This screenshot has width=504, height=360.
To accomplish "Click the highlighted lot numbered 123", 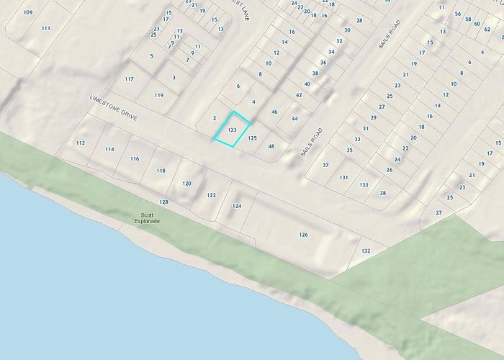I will pos(232,130).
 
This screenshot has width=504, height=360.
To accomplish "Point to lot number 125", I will pos(253,137).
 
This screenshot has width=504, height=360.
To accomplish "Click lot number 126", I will pos(303,235).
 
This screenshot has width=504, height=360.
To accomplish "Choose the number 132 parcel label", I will pos(366,251).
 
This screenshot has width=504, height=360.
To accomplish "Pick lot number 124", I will pos(236,206).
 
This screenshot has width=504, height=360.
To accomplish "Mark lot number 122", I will pos(211,195).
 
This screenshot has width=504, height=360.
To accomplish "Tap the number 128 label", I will pos(164,202).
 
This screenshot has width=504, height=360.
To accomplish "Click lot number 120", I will pos(187,184).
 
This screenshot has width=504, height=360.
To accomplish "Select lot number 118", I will pos(161,171).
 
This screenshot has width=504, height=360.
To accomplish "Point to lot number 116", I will pos(135,158).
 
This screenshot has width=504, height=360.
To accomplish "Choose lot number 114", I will pos(109,149).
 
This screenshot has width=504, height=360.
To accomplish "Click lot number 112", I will pos(80,143).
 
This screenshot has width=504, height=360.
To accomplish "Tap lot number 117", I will pos(129,78).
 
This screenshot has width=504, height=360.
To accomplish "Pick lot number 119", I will pos(158,95).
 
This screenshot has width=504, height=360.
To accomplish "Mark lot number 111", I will pos(46,27).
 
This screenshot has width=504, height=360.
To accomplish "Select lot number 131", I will pos(343,177).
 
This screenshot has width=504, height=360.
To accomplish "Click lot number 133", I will pos(364,185).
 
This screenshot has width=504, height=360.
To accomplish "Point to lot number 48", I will pos(271,146).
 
